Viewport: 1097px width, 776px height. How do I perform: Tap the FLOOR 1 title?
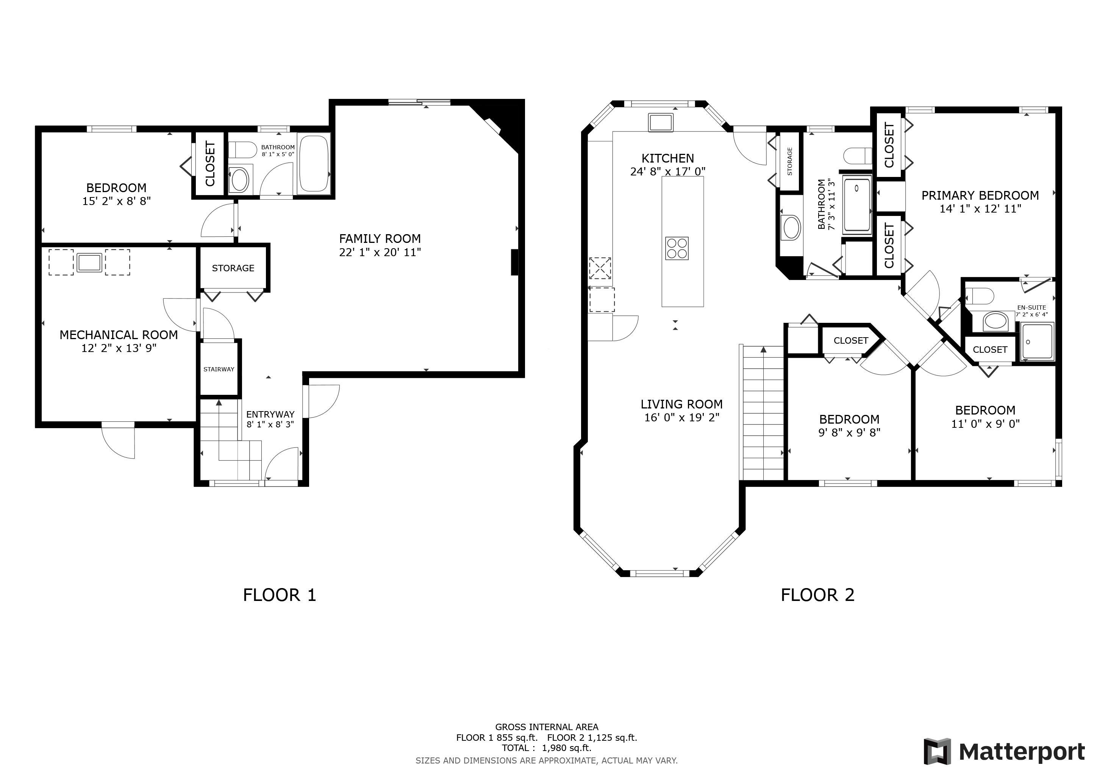[280, 595]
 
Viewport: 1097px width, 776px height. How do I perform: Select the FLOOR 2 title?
[817, 595]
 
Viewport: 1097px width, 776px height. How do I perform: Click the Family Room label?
[380, 238]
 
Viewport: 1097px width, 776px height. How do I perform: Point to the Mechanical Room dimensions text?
[119, 348]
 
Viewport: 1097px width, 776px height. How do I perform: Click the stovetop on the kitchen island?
[677, 249]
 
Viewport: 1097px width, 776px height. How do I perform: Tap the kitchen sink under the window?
[661, 122]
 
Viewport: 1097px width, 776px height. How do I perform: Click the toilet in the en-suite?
[980, 296]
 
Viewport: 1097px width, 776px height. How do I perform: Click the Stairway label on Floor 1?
[219, 369]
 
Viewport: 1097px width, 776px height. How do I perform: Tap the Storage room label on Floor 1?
[233, 268]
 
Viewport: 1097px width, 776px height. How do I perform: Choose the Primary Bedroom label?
[980, 196]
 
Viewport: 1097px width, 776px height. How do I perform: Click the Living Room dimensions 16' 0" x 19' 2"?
[682, 418]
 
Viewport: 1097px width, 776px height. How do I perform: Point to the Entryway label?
[270, 414]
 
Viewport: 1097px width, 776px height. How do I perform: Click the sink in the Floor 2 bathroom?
[790, 228]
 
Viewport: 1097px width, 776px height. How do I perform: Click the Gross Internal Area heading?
[547, 727]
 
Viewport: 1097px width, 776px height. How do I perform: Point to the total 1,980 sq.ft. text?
[547, 748]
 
